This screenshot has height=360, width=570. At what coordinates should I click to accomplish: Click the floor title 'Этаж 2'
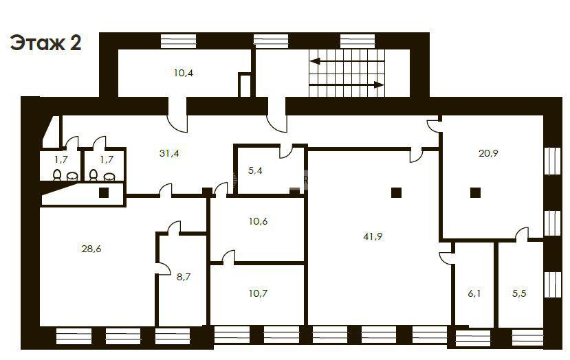pyautogui.click(x=45, y=43)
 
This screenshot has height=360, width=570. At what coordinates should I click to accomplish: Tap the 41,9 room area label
pyautogui.click(x=373, y=236)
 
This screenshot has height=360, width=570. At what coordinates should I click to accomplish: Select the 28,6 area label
pyautogui.click(x=91, y=249)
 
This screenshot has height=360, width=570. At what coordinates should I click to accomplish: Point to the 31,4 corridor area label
pyautogui.click(x=169, y=153)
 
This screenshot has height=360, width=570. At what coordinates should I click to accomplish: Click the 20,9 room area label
pyautogui.click(x=488, y=153)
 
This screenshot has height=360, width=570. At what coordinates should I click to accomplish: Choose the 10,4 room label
pyautogui.click(x=183, y=73)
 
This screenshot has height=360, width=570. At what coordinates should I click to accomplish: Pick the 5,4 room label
pyautogui.click(x=255, y=170)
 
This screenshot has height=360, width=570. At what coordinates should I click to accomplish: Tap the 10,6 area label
pyautogui.click(x=258, y=221)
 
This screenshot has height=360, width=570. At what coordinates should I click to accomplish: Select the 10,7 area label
pyautogui.click(x=258, y=293)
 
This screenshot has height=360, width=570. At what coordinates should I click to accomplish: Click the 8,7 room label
pyautogui.click(x=184, y=277)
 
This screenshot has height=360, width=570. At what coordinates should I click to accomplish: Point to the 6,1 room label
pyautogui.click(x=474, y=293)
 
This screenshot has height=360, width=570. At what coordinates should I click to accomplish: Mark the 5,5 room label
pyautogui.click(x=519, y=293)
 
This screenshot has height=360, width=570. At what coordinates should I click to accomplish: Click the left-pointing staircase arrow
pyautogui.click(x=347, y=60)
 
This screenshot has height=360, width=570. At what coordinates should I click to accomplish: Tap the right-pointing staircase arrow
pyautogui.click(x=347, y=85)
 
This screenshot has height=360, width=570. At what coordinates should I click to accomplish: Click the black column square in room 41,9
pyautogui.click(x=396, y=192)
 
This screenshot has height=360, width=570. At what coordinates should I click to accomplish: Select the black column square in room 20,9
pyautogui.click(x=475, y=192)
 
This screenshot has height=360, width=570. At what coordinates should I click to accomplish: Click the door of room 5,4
pyautogui.click(x=287, y=150)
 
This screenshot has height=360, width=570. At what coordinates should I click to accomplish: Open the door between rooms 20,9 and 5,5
pyautogui.click(x=522, y=234)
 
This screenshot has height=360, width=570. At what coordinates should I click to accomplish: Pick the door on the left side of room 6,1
pyautogui.click(x=447, y=258)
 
